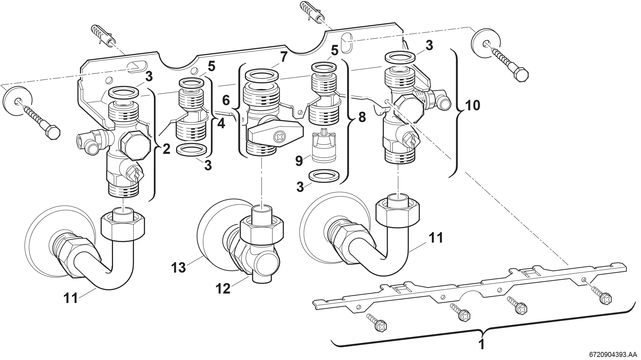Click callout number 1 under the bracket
pos(481,345)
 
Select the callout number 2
pos(166,149)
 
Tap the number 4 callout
pos(221,124)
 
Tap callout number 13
pos(178,268)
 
